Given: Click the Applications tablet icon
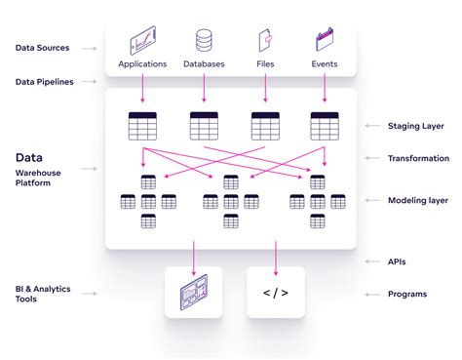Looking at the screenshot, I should [x=142, y=41].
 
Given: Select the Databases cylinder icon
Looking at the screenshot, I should [x=204, y=41].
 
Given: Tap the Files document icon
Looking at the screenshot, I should [x=264, y=41].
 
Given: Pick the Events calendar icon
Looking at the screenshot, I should [x=325, y=41].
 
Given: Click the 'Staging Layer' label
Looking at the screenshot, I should [x=417, y=126].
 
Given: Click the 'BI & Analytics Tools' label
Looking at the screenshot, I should [x=43, y=296].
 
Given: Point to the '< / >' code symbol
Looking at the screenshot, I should [x=276, y=293].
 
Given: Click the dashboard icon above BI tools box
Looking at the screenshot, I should [x=194, y=293].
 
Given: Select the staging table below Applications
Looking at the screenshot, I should [x=142, y=126].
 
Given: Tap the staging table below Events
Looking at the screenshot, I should [x=325, y=126].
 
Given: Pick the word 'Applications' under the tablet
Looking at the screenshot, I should [x=142, y=64].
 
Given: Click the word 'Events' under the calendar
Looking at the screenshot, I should [x=325, y=64].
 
